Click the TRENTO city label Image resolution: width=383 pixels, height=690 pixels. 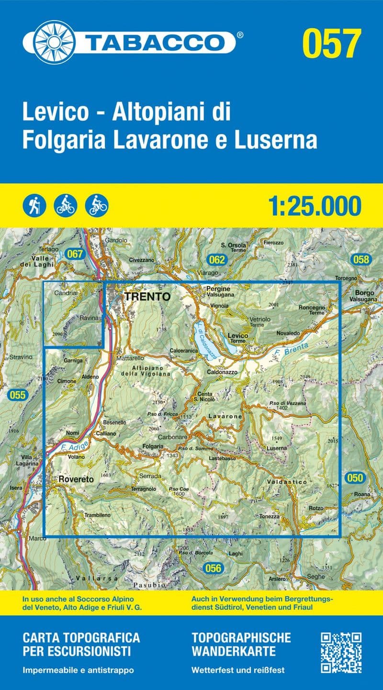click(147, 297)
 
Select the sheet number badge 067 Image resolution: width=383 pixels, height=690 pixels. click(75, 254)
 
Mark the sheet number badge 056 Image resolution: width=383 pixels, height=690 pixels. click(213, 568)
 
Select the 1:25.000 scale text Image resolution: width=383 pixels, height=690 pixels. click(314, 206)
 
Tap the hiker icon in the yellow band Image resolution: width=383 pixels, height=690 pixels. click(34, 206)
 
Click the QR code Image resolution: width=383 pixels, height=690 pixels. click(341, 653)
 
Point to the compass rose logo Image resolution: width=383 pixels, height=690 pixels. click(55, 42)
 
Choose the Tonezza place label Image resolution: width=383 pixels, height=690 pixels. click(269, 516)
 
